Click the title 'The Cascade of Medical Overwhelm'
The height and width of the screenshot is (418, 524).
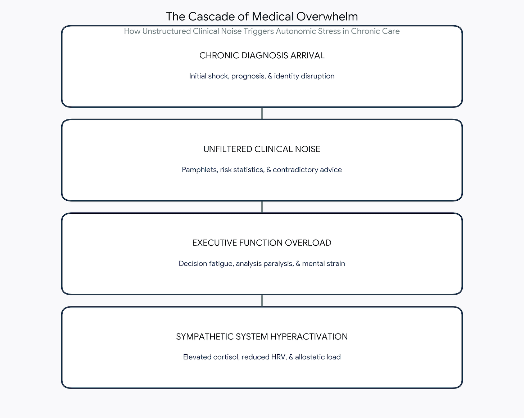tap(262, 17)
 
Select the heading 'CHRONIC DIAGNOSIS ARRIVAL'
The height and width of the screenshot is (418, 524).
tap(262, 55)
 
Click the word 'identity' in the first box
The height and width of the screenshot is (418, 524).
tap(286, 76)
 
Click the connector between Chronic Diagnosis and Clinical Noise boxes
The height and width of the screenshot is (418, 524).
tap(262, 113)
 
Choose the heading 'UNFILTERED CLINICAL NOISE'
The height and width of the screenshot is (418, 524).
tap(262, 149)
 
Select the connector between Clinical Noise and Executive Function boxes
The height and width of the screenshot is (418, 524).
tap(262, 207)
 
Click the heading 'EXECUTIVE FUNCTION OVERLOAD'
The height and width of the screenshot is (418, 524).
tap(262, 243)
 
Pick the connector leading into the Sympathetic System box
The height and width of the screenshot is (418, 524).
tap(262, 301)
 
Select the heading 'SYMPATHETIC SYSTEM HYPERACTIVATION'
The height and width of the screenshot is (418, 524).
tap(262, 337)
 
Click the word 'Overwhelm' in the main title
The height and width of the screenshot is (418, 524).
tap(327, 17)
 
